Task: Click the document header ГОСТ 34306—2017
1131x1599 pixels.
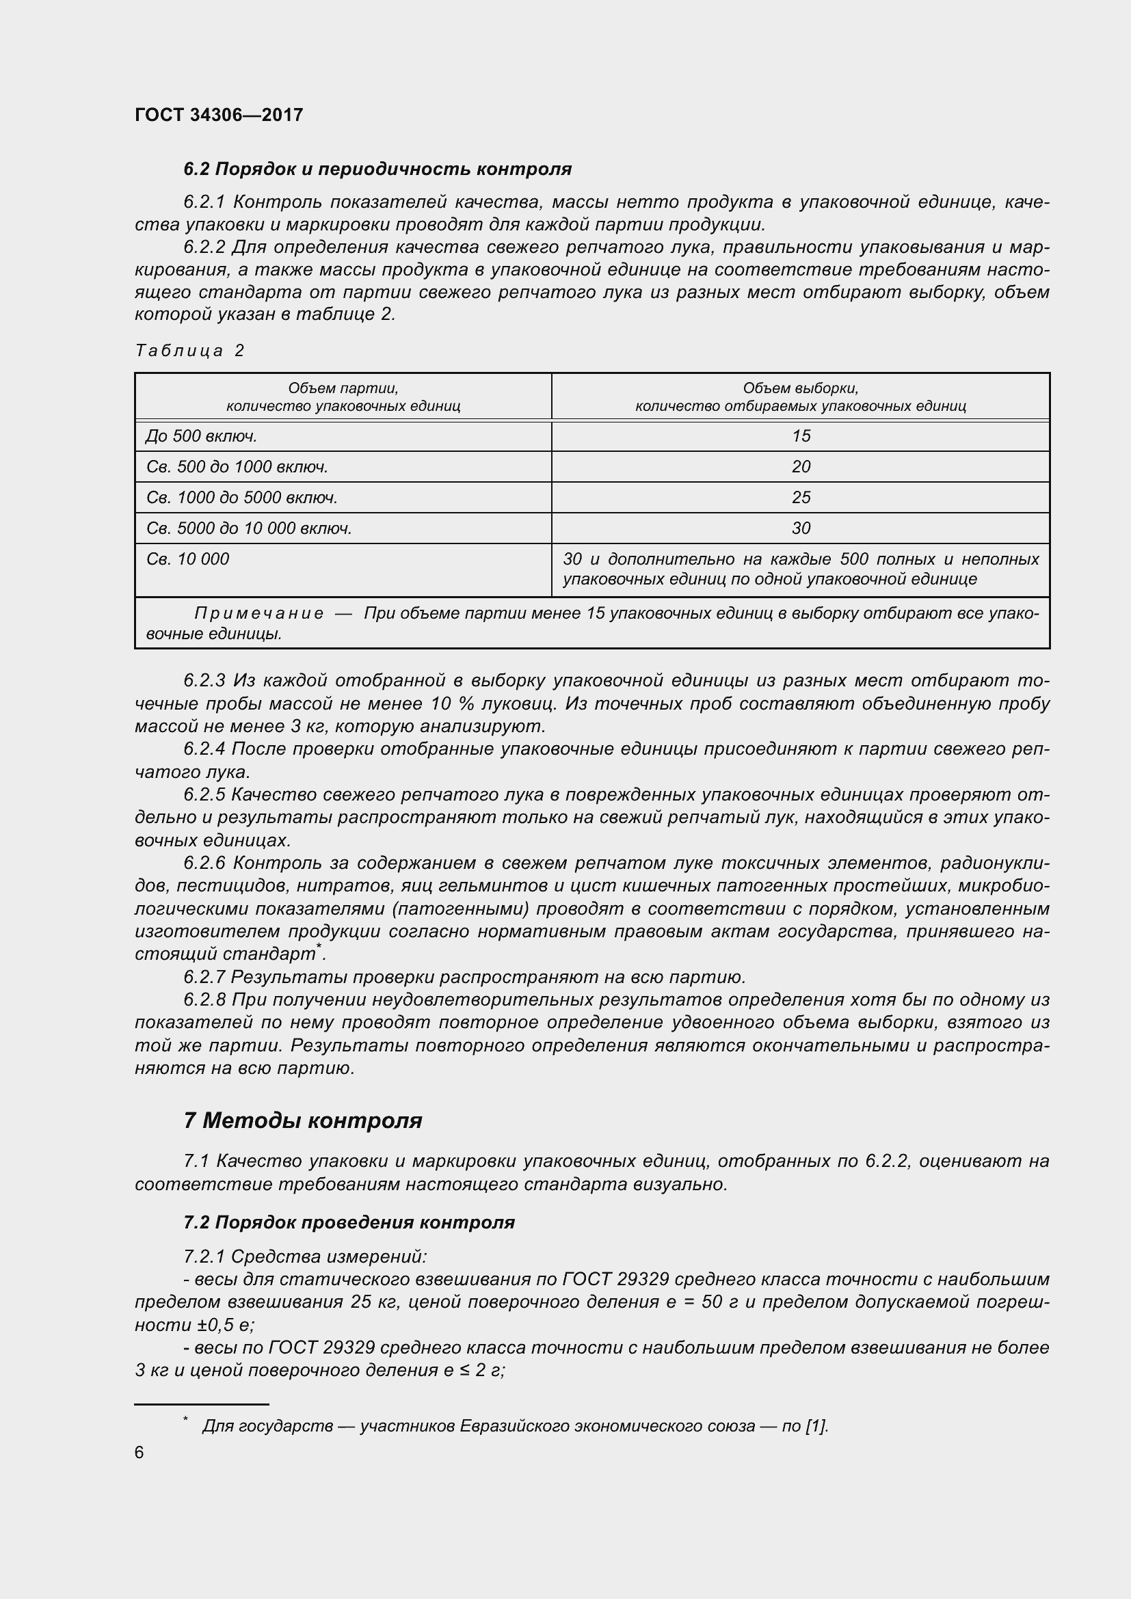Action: click(219, 115)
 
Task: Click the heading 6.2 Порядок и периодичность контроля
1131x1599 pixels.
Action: click(377, 170)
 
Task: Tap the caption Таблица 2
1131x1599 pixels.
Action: click(189, 350)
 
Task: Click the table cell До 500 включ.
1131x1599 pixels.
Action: click(201, 437)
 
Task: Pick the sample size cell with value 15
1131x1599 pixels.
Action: click(800, 437)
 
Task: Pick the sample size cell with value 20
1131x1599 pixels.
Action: click(800, 468)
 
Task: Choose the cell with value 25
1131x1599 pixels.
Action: click(800, 498)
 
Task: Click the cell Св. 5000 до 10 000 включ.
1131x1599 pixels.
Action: click(249, 528)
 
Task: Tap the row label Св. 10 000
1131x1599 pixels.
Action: click(187, 559)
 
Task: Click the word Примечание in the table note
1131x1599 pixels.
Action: click(258, 613)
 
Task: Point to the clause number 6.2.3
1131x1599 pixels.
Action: click(204, 680)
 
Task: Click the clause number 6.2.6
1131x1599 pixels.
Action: click(204, 863)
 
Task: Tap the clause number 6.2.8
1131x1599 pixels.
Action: click(204, 1000)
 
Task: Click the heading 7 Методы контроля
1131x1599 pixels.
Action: click(302, 1120)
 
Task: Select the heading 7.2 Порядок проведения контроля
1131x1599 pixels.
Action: click(348, 1222)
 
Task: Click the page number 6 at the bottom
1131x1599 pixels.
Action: click(139, 1452)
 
